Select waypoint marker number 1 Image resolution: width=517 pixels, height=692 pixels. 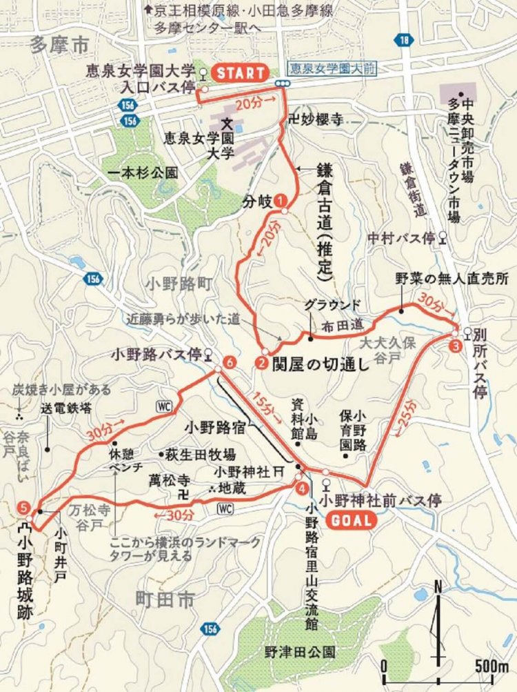[281, 200]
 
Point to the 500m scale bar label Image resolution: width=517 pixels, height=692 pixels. [490, 668]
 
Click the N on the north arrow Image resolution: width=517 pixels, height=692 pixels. [438, 587]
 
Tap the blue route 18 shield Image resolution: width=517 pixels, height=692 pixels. [406, 41]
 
